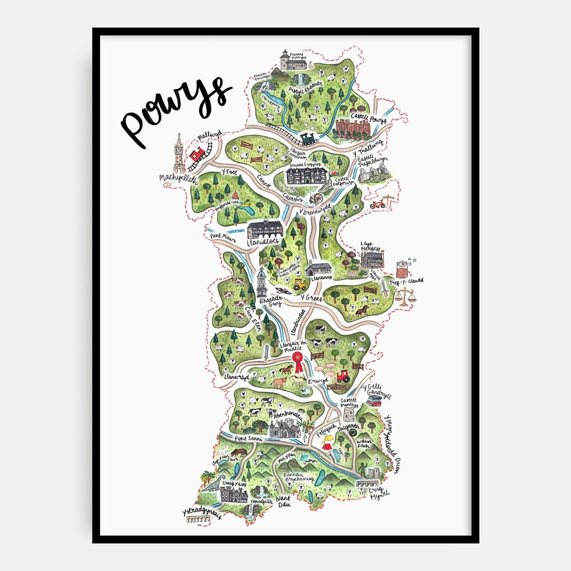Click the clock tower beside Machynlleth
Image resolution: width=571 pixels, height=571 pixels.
coord(179,152)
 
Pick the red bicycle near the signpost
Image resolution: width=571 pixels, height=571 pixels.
coord(377,204)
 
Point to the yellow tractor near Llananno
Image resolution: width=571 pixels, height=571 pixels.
coord(300,284)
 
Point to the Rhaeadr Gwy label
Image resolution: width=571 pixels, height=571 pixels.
coord(271,302)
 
